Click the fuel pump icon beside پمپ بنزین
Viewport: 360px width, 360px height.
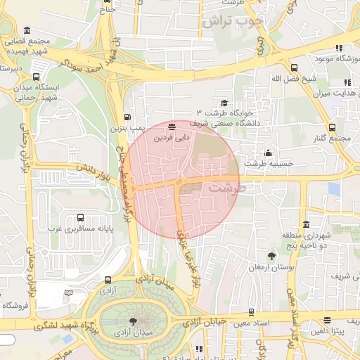pyautogui.click(x=127, y=117)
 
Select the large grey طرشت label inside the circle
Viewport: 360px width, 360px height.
pyautogui.click(x=225, y=188)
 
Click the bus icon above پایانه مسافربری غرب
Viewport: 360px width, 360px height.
pyautogui.click(x=80, y=218)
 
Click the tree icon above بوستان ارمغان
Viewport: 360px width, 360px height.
pyautogui.click(x=272, y=257)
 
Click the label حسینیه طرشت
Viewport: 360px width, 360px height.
pyautogui.click(x=260, y=162)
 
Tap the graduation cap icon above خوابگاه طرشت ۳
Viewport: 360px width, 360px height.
pyautogui.click(x=224, y=103)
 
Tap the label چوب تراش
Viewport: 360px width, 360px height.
pyautogui.click(x=232, y=22)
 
